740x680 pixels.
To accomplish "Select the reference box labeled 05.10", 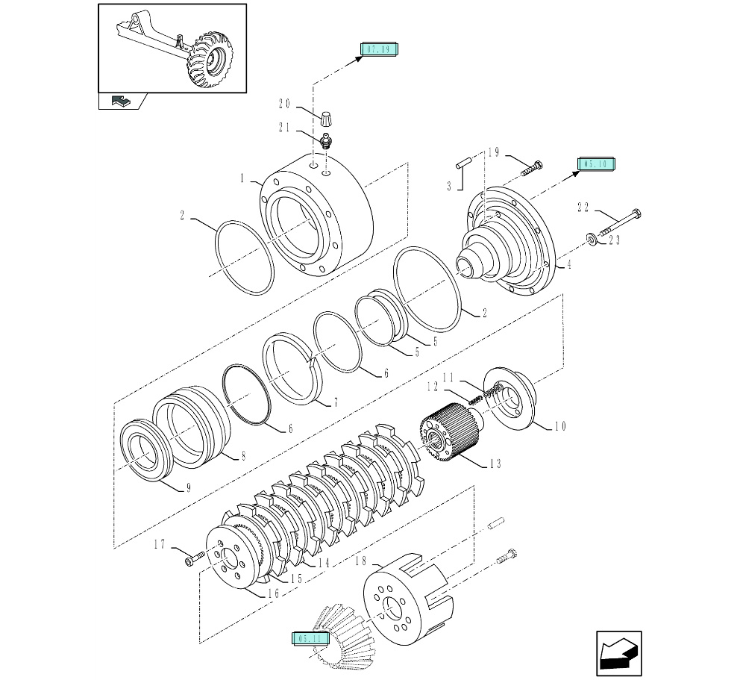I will coord(595,164).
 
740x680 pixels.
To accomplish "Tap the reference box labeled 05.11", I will coord(310,638).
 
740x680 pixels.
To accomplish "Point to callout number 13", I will coord(495,464).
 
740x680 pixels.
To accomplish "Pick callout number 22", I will coord(583,208).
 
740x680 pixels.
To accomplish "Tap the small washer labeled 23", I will coord(592,238).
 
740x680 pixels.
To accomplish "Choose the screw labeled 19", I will coord(530,167).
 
